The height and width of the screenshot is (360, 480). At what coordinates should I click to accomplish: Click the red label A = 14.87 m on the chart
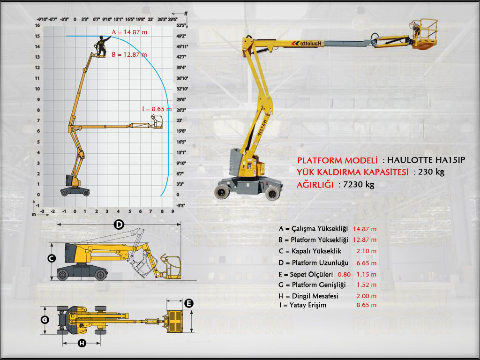tap(129, 32)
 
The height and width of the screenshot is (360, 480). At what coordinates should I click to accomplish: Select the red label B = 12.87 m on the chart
tap(129, 54)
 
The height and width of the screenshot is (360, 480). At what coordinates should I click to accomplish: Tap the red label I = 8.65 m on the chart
tap(157, 109)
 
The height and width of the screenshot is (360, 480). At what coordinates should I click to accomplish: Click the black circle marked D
tap(120, 225)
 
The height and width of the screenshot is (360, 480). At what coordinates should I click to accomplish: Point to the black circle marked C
tap(52, 258)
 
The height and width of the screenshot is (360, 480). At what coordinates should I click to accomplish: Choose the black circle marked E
tap(188, 303)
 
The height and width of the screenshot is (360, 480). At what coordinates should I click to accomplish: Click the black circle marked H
tap(82, 344)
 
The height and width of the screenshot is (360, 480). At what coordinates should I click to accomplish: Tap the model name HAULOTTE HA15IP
tap(427, 160)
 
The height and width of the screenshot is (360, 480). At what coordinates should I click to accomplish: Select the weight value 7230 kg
tap(359, 185)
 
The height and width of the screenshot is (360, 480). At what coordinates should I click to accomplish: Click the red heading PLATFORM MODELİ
tap(337, 160)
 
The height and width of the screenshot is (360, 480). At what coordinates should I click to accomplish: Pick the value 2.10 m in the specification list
tap(367, 251)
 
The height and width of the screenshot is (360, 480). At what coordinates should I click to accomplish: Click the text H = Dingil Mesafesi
tap(308, 296)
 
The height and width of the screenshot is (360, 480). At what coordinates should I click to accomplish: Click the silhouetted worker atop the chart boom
tap(101, 45)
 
